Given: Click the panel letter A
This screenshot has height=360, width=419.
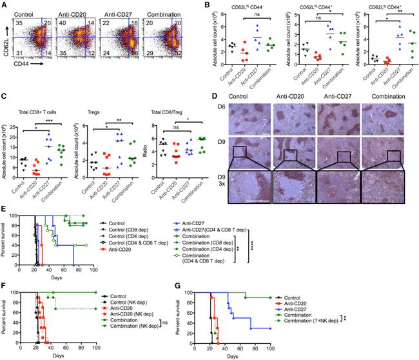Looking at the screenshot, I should (x=5, y=5).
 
